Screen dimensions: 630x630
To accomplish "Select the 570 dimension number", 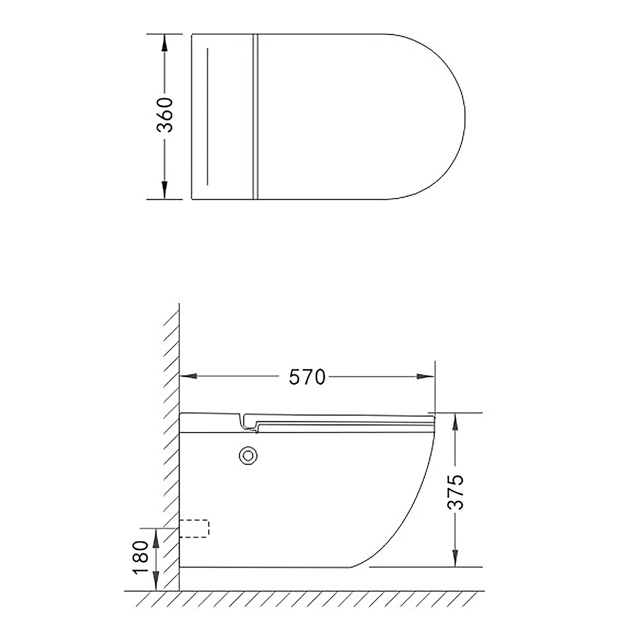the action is [307, 377].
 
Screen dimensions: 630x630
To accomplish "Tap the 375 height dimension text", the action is [456, 492].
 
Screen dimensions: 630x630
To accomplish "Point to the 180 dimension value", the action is [140, 557].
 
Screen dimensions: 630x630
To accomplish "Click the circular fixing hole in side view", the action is [248, 456].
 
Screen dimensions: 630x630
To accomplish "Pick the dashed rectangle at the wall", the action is [194, 528].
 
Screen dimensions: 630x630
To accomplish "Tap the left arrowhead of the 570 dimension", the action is [189, 376].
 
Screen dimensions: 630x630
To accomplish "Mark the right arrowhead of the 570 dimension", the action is [425, 376].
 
